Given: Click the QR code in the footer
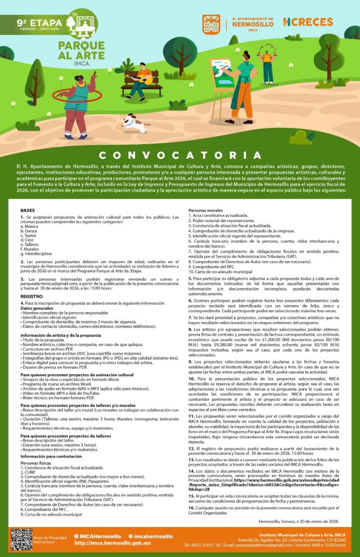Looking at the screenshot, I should pos(21,539).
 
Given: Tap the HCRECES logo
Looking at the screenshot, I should pos(308,22).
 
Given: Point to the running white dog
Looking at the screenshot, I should pos(134,123).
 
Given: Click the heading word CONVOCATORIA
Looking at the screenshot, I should pos(180,155).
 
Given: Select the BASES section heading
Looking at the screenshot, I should pos(27,210).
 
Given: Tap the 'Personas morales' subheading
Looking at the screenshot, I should pos(206,210).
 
